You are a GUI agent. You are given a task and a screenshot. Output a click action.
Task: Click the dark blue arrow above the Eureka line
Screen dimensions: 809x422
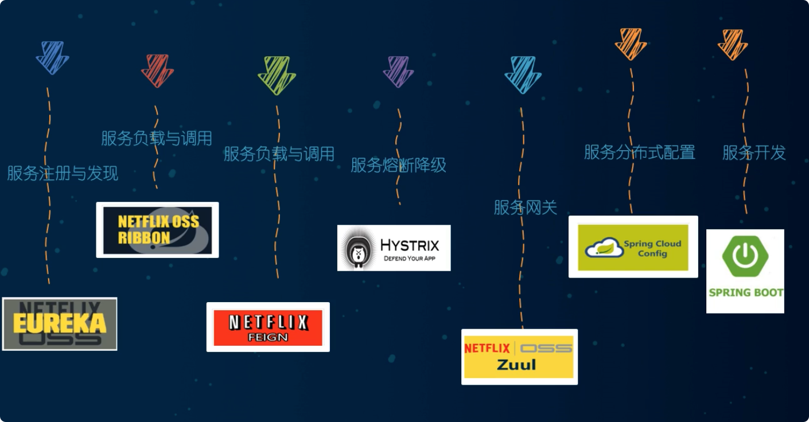(52, 57)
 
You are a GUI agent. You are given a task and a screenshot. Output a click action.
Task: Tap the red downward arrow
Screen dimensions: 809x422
(157, 70)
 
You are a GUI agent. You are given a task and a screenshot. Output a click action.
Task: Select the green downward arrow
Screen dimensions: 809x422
(277, 75)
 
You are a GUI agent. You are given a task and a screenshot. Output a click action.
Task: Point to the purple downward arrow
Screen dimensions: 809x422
(398, 71)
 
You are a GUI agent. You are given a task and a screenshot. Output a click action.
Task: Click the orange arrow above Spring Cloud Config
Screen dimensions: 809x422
(631, 44)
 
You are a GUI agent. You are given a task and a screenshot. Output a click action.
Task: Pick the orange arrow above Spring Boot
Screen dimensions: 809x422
(733, 44)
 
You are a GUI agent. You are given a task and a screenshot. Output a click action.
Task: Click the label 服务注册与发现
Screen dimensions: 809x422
(63, 173)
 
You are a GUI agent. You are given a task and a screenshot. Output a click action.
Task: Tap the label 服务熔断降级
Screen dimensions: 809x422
(398, 165)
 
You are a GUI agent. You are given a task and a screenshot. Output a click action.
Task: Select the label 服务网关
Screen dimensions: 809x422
(525, 207)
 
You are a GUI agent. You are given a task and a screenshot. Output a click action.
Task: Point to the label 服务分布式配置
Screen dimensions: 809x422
(639, 152)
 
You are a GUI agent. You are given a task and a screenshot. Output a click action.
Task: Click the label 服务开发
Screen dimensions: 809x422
(753, 153)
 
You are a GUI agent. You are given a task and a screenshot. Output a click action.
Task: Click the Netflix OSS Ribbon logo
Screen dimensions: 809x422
(157, 230)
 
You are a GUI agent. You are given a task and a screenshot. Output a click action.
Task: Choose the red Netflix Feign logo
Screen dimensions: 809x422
(268, 327)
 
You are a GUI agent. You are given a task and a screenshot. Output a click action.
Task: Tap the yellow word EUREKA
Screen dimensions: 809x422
(60, 323)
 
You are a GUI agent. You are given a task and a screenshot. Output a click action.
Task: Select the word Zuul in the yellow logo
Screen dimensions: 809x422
(516, 365)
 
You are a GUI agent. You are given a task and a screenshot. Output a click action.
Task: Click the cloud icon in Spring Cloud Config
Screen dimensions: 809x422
(604, 247)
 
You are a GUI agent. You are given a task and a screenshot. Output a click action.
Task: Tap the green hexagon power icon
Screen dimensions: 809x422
(745, 255)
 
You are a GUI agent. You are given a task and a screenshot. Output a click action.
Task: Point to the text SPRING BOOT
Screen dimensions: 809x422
(745, 292)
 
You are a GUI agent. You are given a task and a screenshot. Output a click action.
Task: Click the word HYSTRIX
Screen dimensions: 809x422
(410, 245)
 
